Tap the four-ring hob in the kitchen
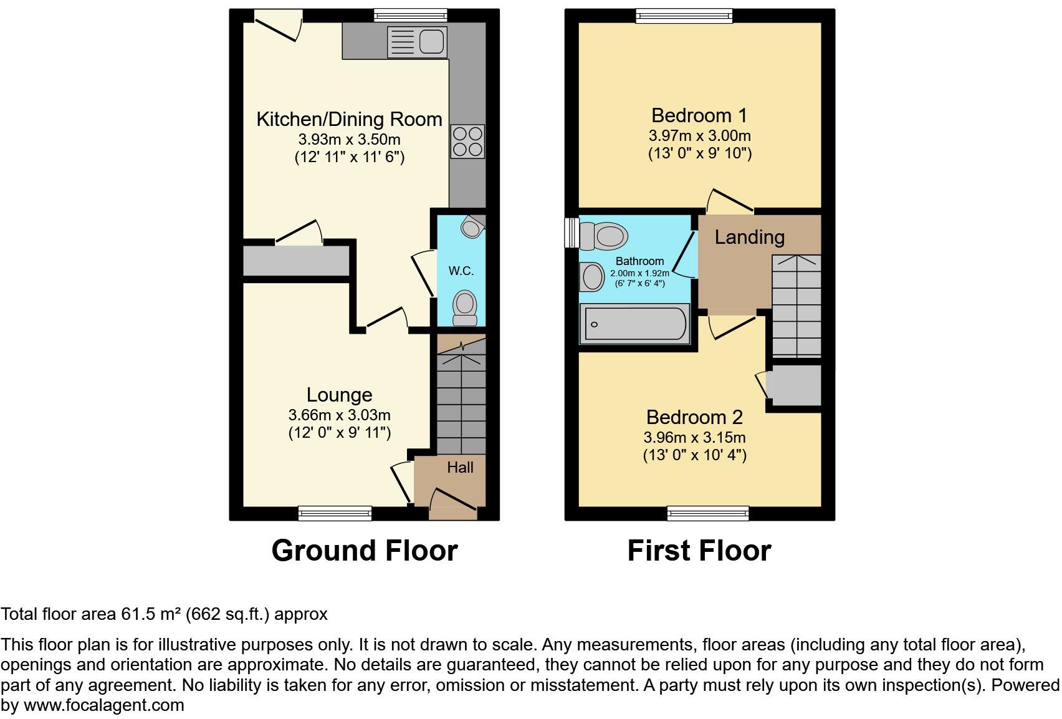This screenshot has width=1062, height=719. [467, 142]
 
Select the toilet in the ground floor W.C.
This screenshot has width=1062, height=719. [464, 307]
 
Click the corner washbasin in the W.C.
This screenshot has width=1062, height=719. [472, 226]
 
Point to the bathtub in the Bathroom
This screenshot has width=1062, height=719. [634, 324]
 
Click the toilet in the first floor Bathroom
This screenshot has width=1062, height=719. [604, 236]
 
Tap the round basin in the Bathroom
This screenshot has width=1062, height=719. [591, 276]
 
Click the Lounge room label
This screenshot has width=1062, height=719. [339, 395]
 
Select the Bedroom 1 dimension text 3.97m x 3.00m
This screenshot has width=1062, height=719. [699, 135]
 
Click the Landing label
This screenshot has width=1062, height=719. [749, 237]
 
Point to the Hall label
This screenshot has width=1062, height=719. [460, 467]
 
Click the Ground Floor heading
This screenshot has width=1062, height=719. [365, 551]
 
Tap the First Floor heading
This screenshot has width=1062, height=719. [699, 551]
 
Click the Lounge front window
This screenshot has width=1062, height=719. [335, 513]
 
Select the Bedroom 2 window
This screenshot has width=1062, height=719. [708, 513]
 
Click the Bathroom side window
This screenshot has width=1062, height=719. [570, 232]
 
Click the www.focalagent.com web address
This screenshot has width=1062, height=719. [103, 705]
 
